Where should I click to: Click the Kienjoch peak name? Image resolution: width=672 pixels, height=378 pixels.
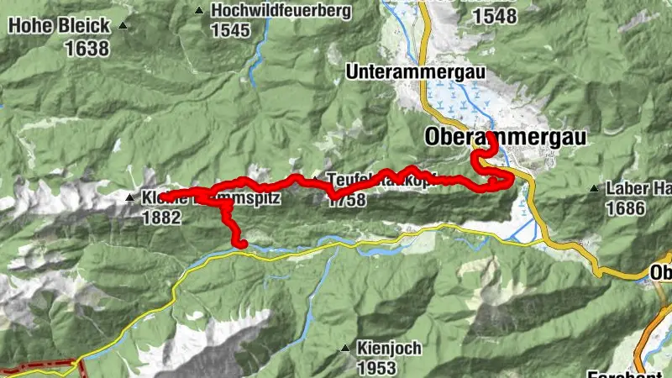point(385,348)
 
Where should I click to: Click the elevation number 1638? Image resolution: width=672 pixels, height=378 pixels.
point(87,48)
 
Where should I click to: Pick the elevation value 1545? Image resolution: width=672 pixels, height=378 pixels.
point(231,31)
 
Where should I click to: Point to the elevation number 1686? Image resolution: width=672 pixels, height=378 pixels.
point(627,209)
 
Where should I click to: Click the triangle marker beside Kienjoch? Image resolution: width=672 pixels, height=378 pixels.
point(345,348)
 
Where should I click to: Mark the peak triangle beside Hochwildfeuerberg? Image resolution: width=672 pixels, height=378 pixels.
point(198,11)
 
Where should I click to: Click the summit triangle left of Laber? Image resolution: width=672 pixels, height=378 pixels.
point(594,188)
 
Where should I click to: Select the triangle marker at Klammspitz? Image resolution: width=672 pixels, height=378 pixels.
point(129,198)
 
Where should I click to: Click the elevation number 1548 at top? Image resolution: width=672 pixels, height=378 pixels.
point(495,17)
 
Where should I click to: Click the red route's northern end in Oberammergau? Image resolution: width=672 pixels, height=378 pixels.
point(490,134)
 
